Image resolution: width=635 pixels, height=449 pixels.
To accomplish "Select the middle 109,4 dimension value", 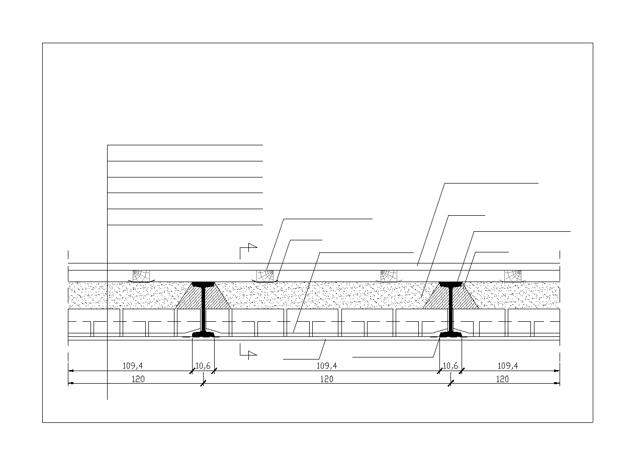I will (x=327, y=366).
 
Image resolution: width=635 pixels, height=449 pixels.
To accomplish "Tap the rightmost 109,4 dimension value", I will (x=507, y=366).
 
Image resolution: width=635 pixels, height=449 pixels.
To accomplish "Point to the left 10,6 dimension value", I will (x=203, y=366).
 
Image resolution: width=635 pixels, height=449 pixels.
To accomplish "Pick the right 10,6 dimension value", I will (x=450, y=366).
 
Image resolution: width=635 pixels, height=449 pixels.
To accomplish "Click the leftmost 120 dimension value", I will (x=138, y=379).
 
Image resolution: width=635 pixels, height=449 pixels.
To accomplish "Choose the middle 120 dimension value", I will (x=327, y=379).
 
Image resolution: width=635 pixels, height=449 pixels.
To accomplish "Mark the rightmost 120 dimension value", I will (x=502, y=379).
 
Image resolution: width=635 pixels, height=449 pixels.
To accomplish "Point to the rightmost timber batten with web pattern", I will (x=512, y=276).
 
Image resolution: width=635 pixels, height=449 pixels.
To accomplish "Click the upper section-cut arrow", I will (x=248, y=250).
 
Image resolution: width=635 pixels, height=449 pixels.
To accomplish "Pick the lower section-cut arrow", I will (x=248, y=351).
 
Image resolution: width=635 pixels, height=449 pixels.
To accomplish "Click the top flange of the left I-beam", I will (x=203, y=284).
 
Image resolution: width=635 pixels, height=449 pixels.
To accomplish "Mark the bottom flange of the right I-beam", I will (x=450, y=334).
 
